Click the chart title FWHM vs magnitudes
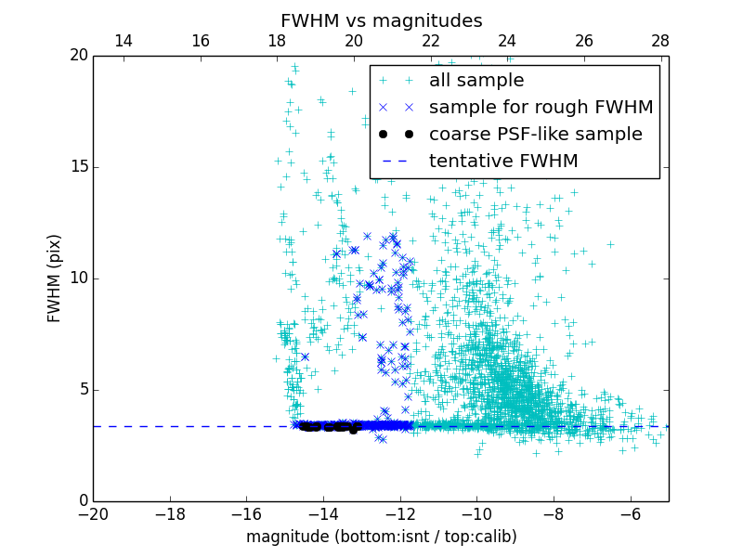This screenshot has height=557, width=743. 381,20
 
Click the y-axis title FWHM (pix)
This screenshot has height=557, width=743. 55,278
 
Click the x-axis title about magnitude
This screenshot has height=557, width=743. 381,537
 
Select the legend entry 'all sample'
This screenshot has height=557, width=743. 476,81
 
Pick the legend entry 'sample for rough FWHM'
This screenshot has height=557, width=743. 541,108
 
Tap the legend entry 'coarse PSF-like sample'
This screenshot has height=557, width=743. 535,135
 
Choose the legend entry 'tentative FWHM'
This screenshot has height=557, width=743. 503,162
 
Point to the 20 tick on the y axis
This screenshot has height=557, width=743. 78,56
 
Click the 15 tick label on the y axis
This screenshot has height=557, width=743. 78,167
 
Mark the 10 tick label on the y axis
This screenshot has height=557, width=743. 78,278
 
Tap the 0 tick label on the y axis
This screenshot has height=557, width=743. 83,501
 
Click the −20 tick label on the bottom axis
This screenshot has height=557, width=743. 93,514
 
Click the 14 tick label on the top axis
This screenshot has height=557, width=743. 124,41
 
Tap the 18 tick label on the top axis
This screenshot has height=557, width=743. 277,41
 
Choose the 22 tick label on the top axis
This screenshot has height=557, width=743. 430,41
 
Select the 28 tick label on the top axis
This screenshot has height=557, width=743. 660,41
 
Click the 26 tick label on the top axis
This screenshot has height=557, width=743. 584,41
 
